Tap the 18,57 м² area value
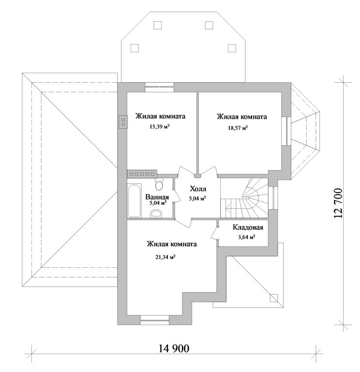(x=238, y=128)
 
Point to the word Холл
(x=197, y=189)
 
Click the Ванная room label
(x=157, y=197)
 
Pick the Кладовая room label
(x=248, y=227)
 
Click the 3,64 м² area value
(x=246, y=237)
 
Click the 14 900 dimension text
(x=174, y=348)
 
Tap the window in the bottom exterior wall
(x=153, y=319)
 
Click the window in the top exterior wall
(x=159, y=87)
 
